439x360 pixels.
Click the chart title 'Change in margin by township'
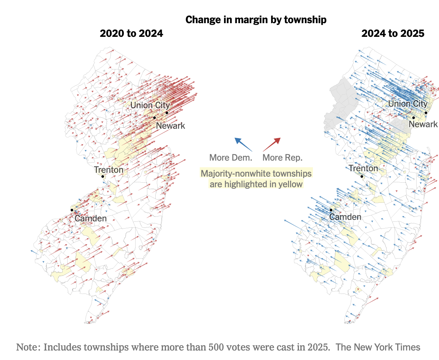click(x=256, y=20)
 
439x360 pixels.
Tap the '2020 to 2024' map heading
click(x=131, y=33)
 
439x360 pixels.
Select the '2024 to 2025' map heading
click(x=393, y=33)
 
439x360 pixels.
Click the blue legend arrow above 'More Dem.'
click(x=243, y=144)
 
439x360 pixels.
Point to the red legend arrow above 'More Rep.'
click(x=272, y=144)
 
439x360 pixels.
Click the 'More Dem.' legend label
click(x=231, y=158)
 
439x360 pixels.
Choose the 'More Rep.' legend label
click(x=283, y=158)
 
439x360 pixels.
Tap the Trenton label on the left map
click(x=109, y=170)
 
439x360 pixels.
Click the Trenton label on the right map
click(x=363, y=168)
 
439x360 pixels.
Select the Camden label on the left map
click(x=90, y=218)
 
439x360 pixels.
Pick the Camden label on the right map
click(x=345, y=217)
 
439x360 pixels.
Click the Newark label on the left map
click(x=171, y=126)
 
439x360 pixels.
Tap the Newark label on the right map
click(x=423, y=124)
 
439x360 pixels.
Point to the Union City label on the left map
click(x=150, y=105)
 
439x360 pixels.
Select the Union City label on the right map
click(x=407, y=104)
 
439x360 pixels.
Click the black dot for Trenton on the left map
click(x=103, y=176)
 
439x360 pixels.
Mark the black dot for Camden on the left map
click(x=71, y=210)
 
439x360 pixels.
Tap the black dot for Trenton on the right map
click(x=362, y=176)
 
